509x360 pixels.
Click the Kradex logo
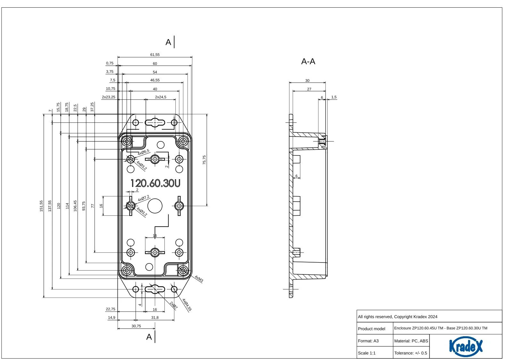(x=465, y=346)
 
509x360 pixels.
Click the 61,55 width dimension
(x=155, y=55)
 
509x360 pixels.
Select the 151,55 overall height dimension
(x=41, y=206)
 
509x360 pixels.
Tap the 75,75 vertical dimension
(x=204, y=160)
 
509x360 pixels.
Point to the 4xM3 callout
(x=199, y=279)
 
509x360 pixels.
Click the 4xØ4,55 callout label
(x=187, y=305)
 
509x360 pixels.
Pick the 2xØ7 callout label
(x=173, y=305)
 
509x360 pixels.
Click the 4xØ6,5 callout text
(x=143, y=152)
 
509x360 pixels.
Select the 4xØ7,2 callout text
(x=143, y=198)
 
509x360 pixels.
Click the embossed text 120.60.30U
(x=155, y=183)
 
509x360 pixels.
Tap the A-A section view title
(x=308, y=62)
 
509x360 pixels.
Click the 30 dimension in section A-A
(x=307, y=81)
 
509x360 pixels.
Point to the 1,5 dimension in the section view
(x=334, y=97)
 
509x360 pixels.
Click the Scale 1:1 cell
(x=367, y=353)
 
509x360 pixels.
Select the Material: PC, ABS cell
(x=411, y=341)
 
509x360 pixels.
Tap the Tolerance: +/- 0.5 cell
(x=411, y=353)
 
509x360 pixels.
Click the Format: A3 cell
(x=368, y=341)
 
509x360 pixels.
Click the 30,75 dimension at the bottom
(x=136, y=326)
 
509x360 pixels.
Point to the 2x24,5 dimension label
(x=161, y=97)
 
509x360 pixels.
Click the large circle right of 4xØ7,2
(x=155, y=206)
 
